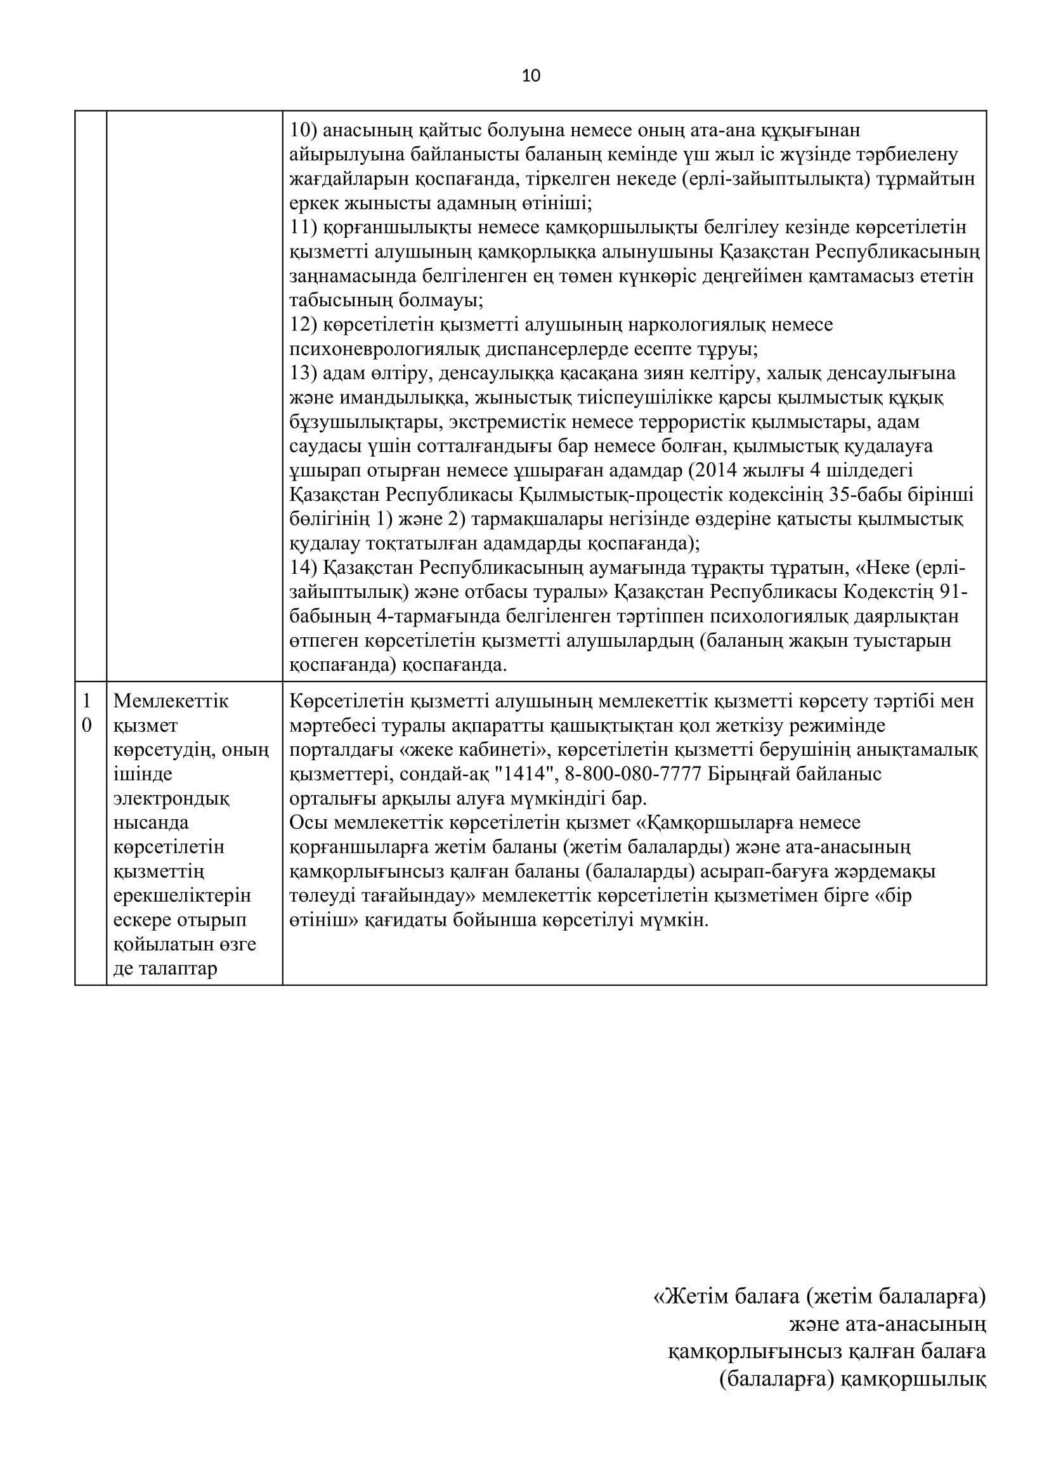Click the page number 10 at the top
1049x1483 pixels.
point(530,76)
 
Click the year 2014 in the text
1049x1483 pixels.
point(712,470)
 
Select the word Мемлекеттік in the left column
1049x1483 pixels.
point(171,701)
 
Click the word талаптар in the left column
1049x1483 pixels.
point(166,968)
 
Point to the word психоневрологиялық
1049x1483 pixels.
point(380,349)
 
